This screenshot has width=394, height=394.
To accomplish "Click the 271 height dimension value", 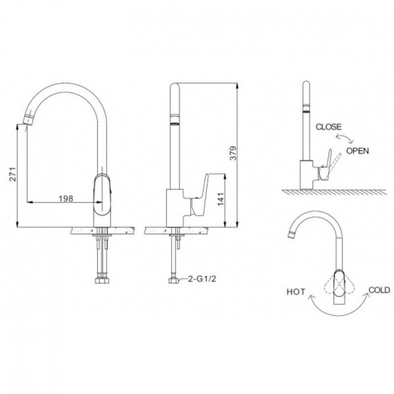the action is tap(13, 174).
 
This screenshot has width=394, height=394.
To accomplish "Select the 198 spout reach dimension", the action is tap(66, 199).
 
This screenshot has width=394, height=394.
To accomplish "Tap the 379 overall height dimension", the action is tap(233, 153).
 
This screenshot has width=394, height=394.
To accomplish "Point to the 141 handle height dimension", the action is tap(220, 199).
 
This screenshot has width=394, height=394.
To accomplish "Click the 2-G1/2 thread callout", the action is tap(202, 279).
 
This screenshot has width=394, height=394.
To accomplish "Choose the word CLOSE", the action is tap(329, 127).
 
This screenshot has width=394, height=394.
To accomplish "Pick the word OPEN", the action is tap(358, 151).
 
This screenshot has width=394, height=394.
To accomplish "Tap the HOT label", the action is tap(295, 292).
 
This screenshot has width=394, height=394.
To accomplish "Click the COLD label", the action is tap(380, 290).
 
